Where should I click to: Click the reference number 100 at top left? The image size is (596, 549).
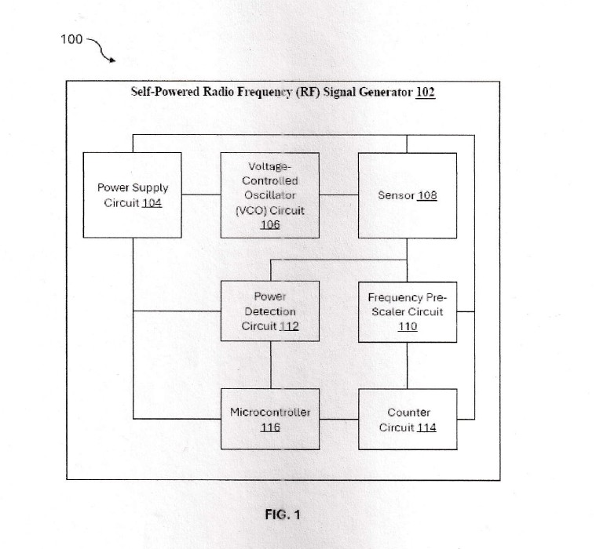tap(71, 39)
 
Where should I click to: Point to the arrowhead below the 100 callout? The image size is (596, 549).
tap(112, 60)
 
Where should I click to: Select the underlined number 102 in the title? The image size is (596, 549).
tap(426, 93)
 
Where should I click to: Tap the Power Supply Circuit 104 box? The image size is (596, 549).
tap(132, 195)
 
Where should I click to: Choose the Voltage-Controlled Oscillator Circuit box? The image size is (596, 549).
tap(270, 195)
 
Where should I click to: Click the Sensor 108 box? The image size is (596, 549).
tap(408, 195)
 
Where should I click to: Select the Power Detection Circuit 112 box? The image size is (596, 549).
tap(270, 311)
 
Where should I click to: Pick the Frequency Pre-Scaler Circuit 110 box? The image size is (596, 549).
tap(408, 312)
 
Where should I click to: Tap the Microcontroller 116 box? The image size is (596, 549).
tap(270, 419)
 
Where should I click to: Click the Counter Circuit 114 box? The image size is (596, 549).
tap(408, 420)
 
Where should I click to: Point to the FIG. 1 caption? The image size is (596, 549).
tap(283, 514)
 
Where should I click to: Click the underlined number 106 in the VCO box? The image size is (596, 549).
tap(270, 225)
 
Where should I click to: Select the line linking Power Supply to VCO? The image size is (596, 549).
tap(201, 195)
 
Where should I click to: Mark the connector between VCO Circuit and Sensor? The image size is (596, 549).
tap(338, 195)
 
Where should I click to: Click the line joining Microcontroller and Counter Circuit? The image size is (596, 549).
tap(339, 419)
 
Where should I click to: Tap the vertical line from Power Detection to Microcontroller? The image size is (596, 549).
tap(271, 365)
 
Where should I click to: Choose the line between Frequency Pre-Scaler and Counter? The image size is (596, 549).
tap(408, 365)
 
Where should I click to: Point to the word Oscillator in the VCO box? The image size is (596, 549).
tap(270, 195)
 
